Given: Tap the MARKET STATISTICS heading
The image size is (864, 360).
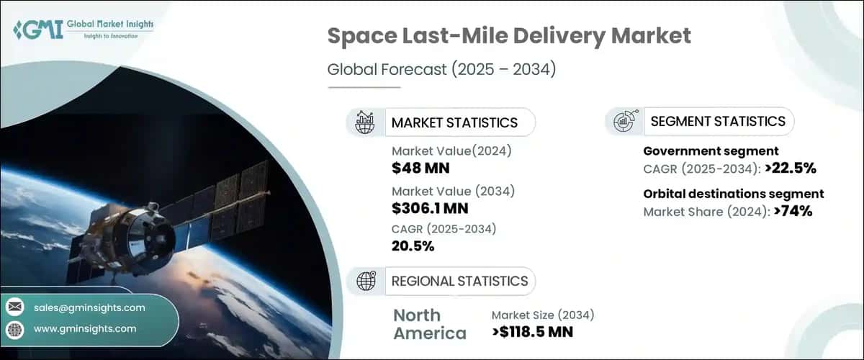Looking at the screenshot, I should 454,122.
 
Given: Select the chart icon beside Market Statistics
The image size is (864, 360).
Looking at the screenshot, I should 365,122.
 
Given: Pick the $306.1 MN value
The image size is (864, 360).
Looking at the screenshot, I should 431,209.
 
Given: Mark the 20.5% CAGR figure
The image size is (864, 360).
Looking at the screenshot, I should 413,247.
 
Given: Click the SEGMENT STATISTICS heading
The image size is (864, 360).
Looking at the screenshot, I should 717,121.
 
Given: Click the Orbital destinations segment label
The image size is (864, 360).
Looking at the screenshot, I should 733,194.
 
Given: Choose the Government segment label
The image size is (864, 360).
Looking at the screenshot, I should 710,150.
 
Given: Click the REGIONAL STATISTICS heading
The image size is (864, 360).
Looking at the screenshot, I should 459,281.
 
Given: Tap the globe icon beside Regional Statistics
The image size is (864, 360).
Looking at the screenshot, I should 365,281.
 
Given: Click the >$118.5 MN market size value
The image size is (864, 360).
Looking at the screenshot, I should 533,333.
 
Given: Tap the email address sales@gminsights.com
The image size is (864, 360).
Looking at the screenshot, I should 89,307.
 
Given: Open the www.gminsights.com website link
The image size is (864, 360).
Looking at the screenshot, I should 84,328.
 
